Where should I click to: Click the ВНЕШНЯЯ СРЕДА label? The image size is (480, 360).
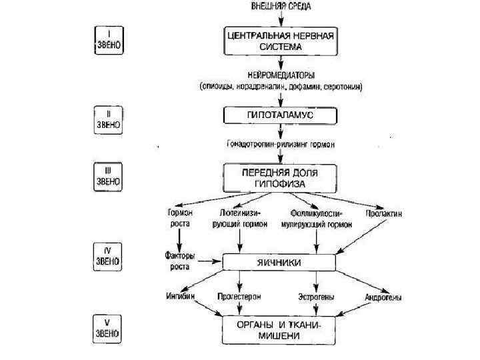click(281, 6)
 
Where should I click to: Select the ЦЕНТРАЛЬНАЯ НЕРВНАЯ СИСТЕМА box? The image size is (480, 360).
click(281, 41)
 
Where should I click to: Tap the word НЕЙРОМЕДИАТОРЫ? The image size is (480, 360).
click(281, 75)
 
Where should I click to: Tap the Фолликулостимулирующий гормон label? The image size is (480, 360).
click(316, 218)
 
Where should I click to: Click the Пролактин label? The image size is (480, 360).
click(383, 213)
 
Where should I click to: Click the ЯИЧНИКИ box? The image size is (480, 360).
click(280, 262)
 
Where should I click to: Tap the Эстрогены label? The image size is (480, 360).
click(317, 295)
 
